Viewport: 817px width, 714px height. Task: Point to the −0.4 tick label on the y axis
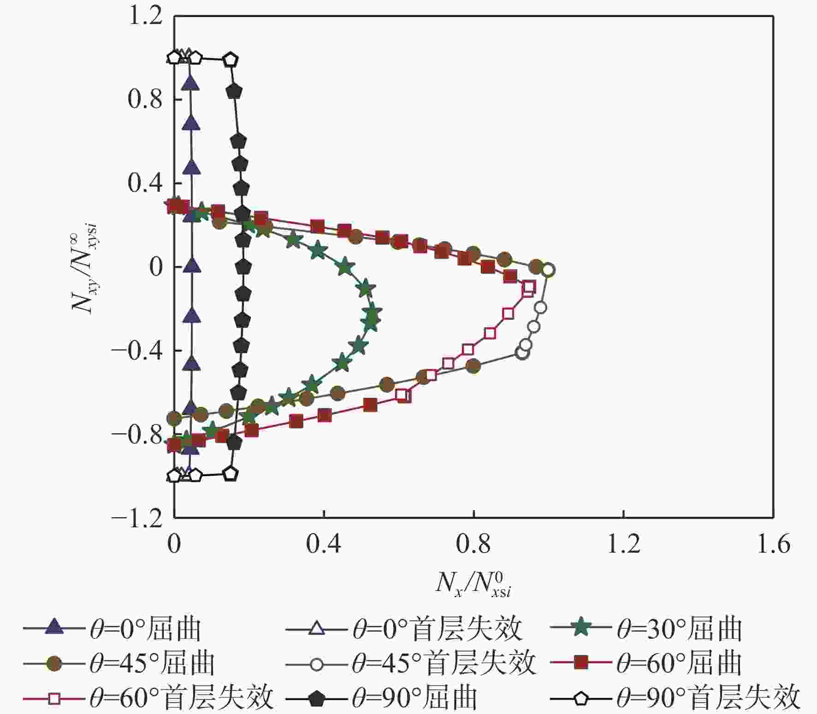(x=137, y=351)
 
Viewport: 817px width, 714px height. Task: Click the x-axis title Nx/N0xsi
(x=474, y=584)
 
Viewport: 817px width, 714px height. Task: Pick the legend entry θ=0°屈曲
(x=112, y=628)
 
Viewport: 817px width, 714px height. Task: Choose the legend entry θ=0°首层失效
(x=404, y=628)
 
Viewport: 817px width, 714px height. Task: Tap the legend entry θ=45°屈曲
(x=119, y=663)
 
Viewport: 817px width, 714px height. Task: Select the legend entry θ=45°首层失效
(x=411, y=663)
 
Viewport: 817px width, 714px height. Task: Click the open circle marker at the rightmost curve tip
(x=548, y=270)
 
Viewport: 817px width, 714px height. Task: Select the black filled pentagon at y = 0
(x=243, y=266)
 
